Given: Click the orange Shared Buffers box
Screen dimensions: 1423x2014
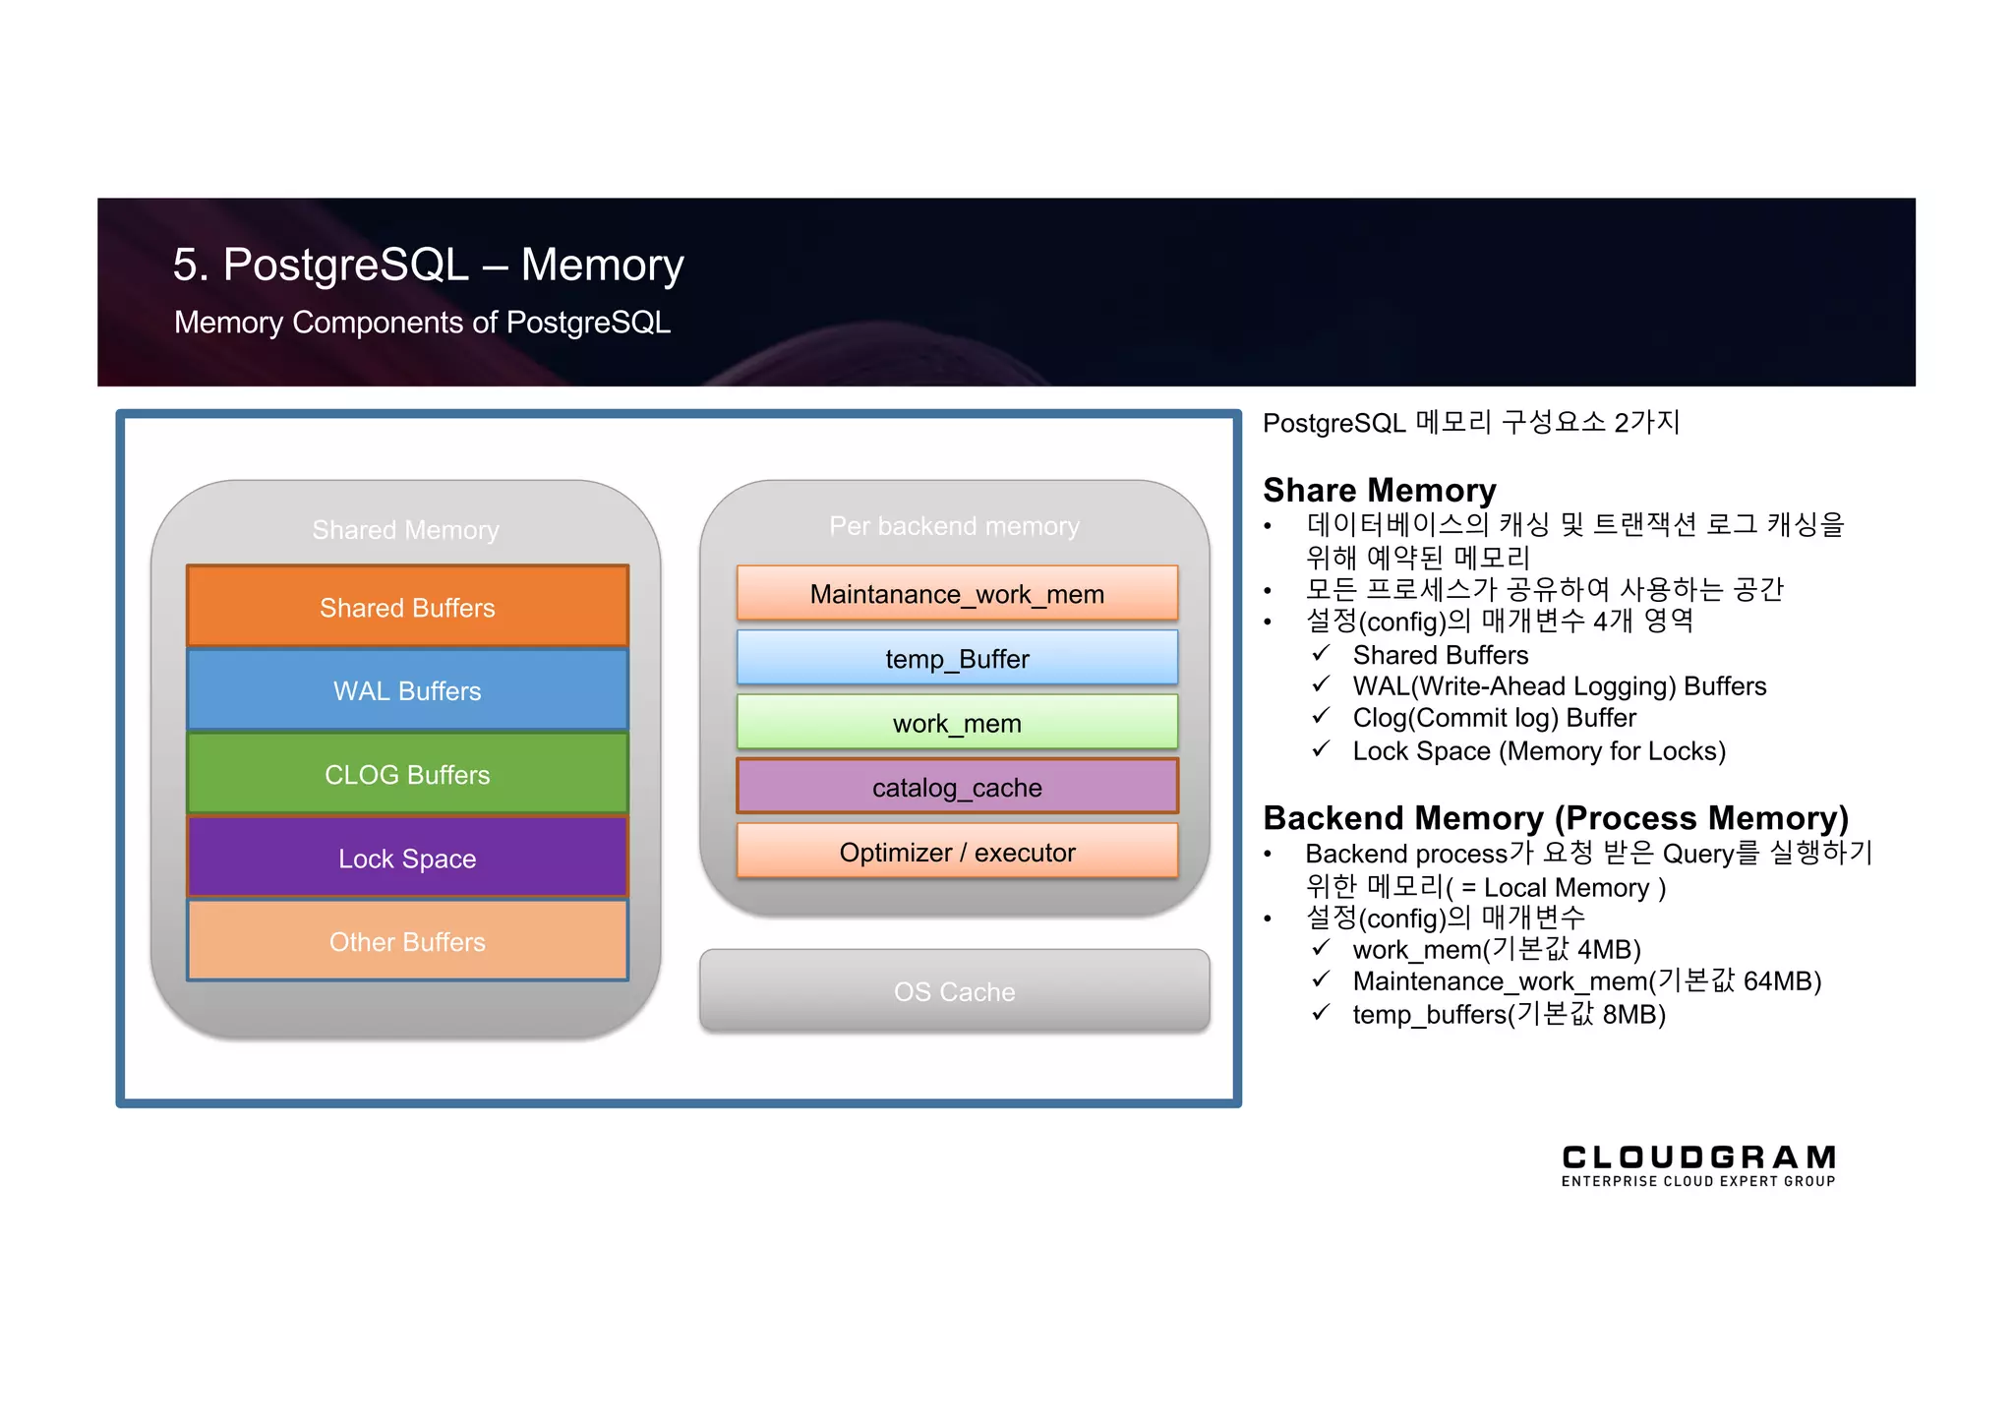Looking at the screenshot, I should [x=407, y=607].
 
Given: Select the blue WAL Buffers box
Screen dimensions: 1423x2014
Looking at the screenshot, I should [x=407, y=690].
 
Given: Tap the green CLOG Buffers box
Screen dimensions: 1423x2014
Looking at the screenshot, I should [x=407, y=774].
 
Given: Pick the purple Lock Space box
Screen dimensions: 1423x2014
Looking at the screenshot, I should [x=407, y=858].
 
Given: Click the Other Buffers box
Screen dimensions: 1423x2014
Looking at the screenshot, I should [x=407, y=941].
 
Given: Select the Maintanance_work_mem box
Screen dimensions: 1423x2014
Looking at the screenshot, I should [x=957, y=593].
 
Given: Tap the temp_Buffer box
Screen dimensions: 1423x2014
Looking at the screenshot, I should [x=957, y=658].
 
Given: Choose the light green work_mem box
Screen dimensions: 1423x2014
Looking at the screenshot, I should [x=957, y=723].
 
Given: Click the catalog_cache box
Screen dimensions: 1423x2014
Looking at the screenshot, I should [x=957, y=787].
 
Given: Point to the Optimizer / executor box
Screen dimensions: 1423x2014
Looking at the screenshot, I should [x=957, y=852].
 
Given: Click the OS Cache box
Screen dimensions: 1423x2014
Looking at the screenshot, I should [x=954, y=991].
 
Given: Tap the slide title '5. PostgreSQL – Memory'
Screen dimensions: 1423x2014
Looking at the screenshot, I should [x=428, y=265].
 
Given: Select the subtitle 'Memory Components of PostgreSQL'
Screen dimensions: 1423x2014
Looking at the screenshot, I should [x=422, y=323].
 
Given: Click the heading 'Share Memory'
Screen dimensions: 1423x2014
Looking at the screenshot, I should [x=1379, y=490].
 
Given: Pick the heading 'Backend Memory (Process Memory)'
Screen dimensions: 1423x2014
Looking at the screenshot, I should [x=1555, y=817].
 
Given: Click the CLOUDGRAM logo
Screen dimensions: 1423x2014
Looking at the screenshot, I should [x=1698, y=1165].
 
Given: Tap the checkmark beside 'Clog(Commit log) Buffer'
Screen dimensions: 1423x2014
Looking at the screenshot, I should [x=1321, y=717].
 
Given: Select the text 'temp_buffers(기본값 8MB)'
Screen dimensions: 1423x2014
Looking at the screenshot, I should [x=1509, y=1014].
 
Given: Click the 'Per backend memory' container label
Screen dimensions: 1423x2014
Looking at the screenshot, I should [x=954, y=526].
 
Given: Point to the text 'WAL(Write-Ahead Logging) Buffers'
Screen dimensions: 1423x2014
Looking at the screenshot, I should [x=1559, y=685].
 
